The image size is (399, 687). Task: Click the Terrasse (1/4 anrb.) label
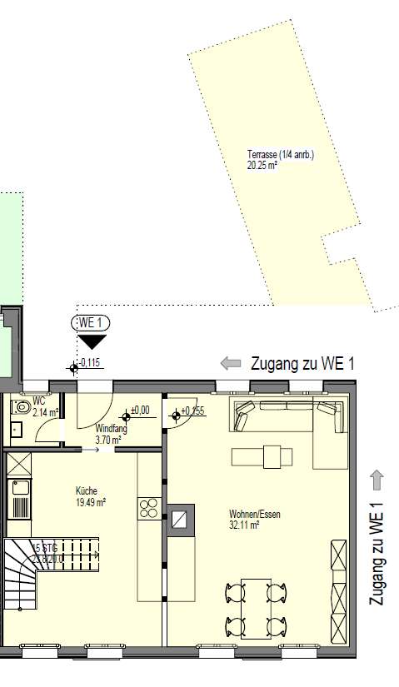[280, 155]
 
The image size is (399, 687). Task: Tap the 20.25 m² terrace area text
[262, 166]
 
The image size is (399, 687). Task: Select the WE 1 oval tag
[91, 323]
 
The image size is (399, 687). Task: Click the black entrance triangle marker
[91, 341]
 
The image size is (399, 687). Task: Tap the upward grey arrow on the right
[377, 480]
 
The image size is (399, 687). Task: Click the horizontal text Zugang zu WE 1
[302, 364]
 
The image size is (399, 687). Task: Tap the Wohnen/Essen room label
[255, 515]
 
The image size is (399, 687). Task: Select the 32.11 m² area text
[246, 525]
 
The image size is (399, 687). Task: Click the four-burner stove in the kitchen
[149, 508]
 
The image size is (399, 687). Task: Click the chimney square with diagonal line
[181, 519]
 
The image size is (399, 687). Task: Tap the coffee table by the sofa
[262, 456]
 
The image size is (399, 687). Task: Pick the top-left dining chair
[235, 592]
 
